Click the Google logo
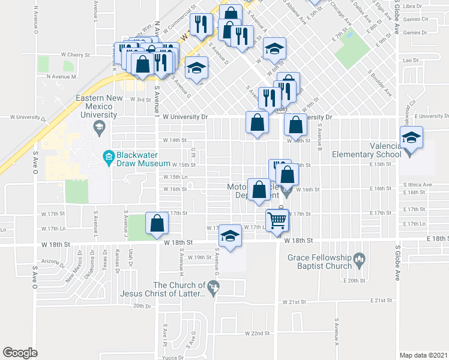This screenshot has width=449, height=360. point(20,353)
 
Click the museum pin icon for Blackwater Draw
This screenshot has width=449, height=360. point(109,158)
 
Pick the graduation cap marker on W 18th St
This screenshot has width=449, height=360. point(230,236)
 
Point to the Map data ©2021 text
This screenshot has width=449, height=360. point(424,354)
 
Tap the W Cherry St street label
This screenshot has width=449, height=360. point(75,54)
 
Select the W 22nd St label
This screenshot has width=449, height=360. point(258,333)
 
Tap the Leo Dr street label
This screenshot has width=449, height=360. point(411,61)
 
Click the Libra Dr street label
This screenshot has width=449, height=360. point(413,6)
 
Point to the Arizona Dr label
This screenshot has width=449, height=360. point(53,262)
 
